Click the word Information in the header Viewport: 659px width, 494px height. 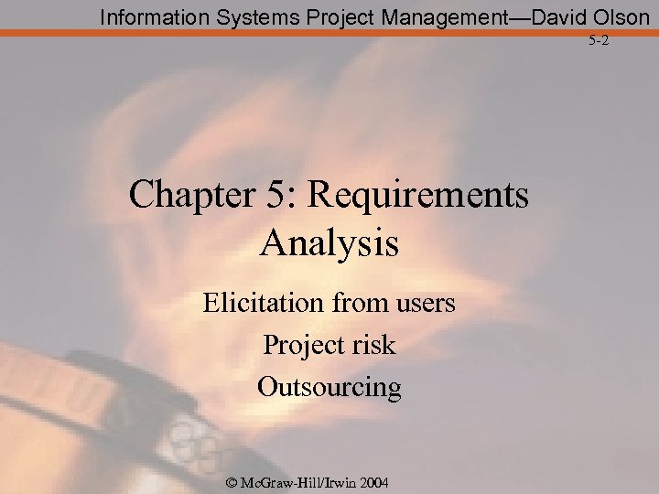coord(147,16)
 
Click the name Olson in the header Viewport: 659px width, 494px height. coord(618,16)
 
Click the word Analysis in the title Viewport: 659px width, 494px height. coord(329,244)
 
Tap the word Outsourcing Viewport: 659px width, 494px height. coord(329,387)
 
